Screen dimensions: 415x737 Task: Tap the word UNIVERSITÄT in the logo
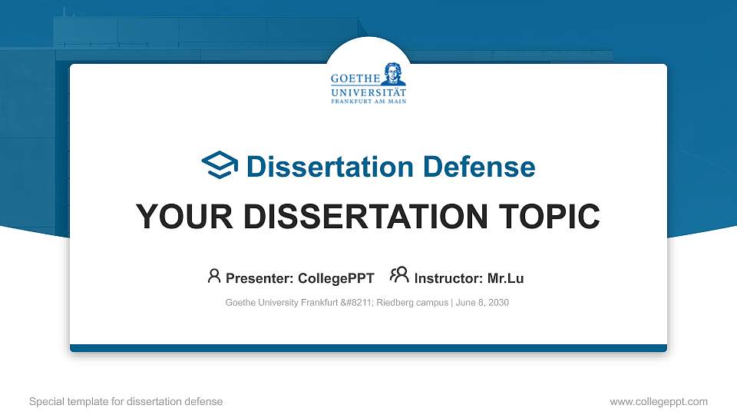tap(368, 91)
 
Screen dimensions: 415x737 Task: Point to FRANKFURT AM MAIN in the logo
tap(368, 101)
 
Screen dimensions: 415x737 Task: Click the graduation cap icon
tap(220, 165)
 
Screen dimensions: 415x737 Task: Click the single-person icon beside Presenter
tap(214, 275)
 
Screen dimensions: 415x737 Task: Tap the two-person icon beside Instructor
tap(399, 274)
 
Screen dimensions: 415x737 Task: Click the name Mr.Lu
tap(506, 277)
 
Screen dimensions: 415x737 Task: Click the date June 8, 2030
tap(483, 303)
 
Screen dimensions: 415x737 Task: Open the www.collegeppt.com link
tap(659, 401)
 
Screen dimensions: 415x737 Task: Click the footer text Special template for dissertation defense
tap(126, 401)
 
